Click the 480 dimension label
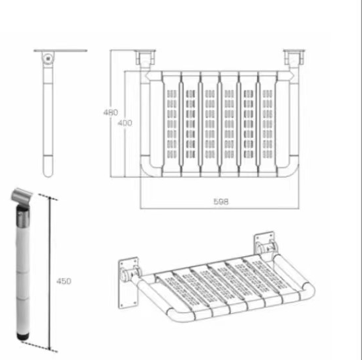point(110,112)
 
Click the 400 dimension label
point(125,123)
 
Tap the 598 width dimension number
point(221,201)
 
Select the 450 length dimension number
point(63,281)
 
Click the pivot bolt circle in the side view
point(48,59)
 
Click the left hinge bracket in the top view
point(145,57)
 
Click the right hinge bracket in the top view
point(294,57)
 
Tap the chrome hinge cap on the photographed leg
point(21,196)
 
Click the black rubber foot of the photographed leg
point(23,336)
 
